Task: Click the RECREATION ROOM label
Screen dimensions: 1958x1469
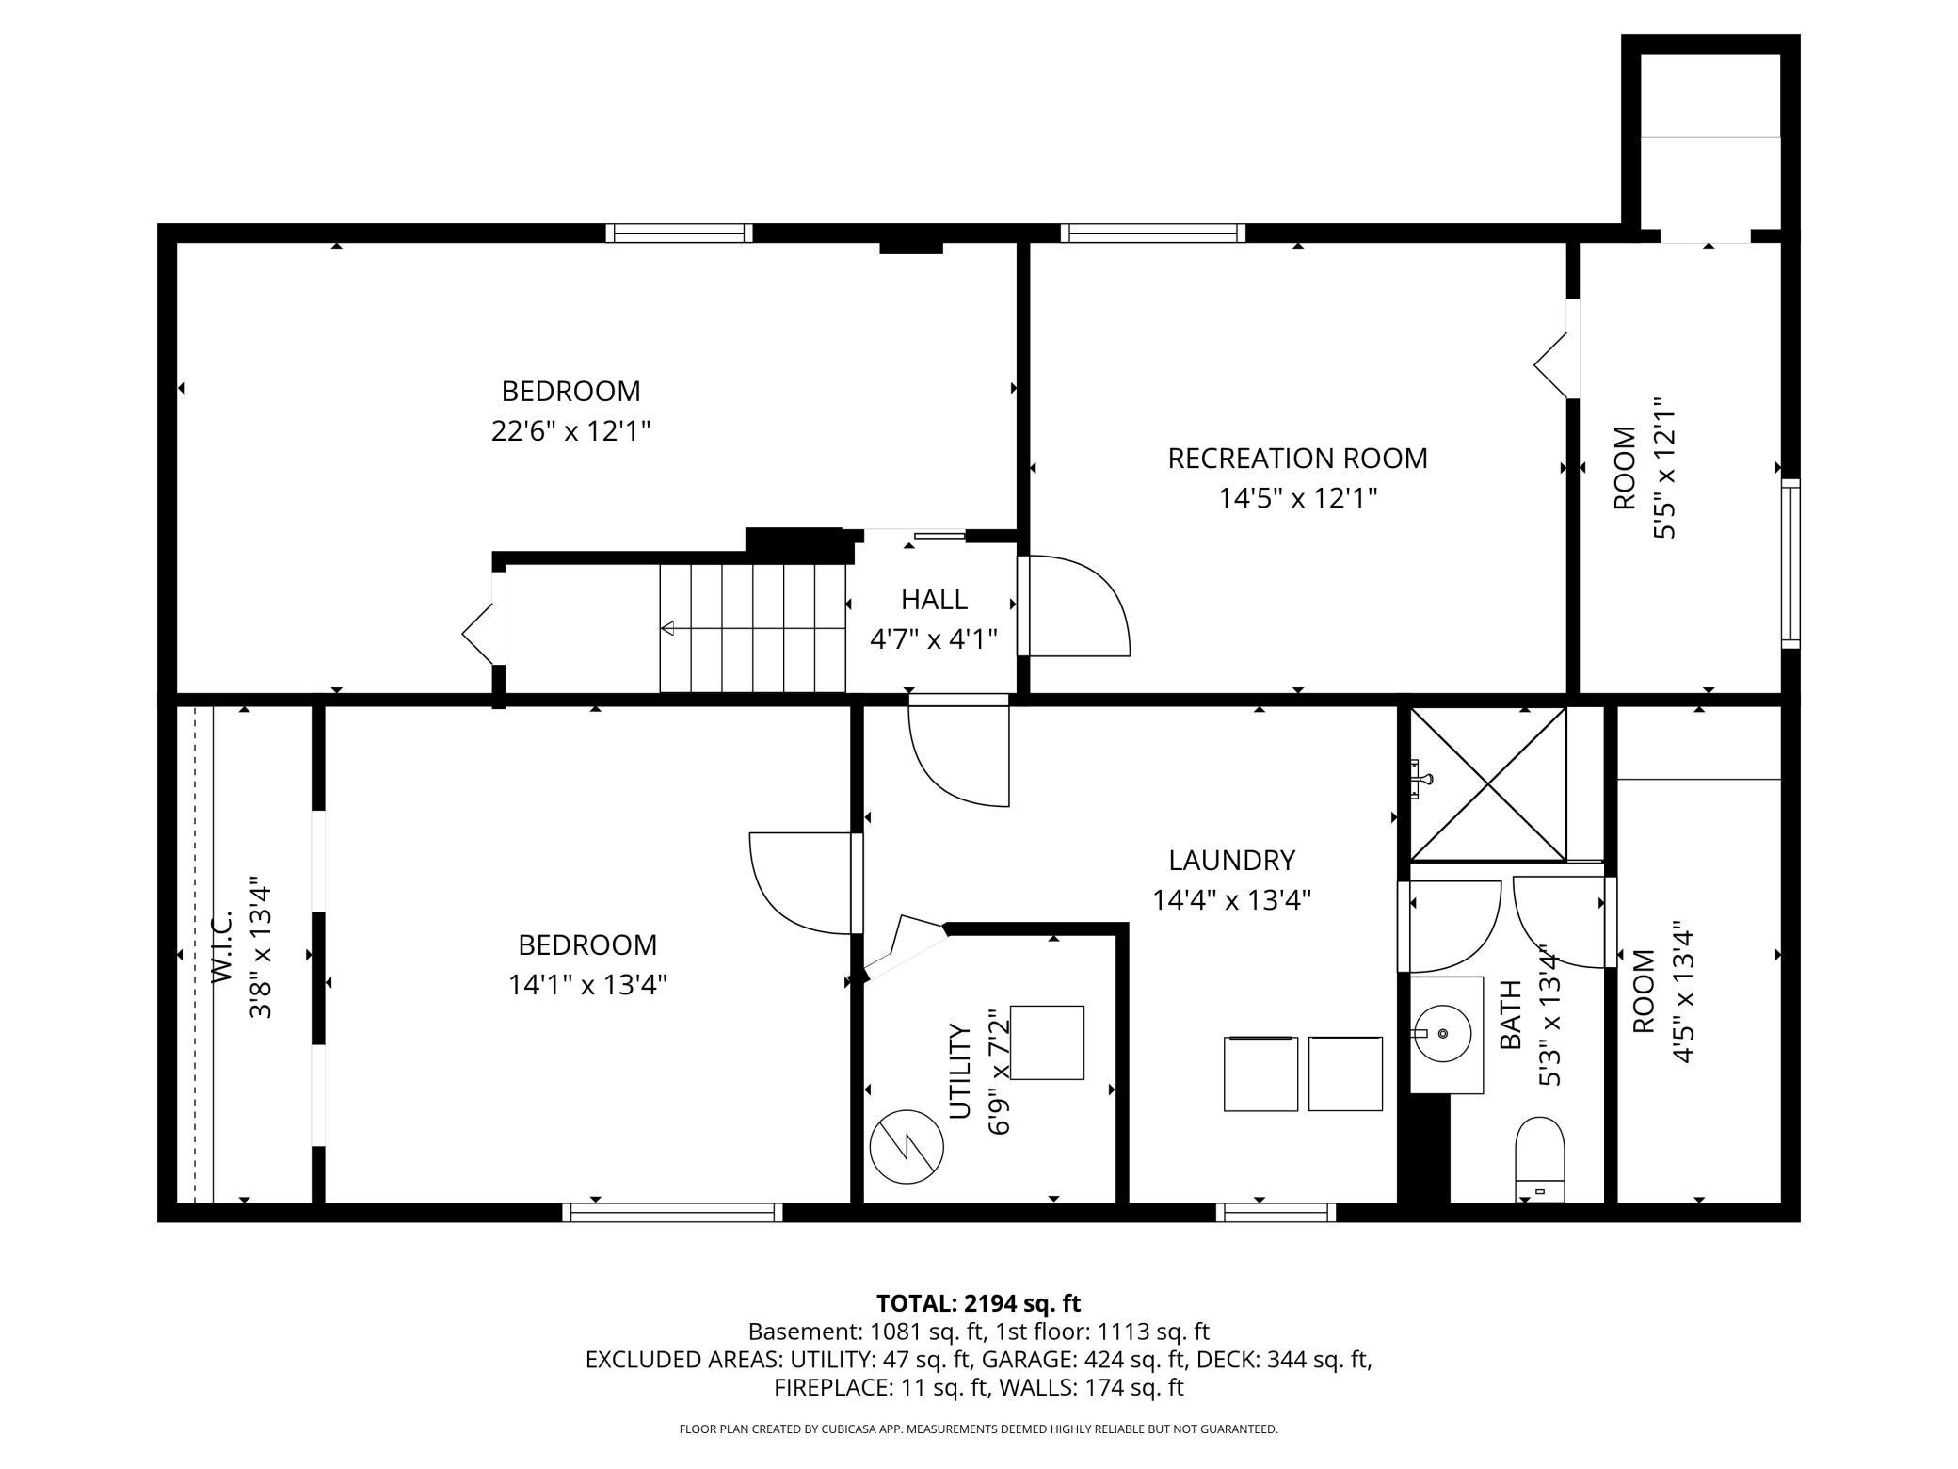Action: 1297,459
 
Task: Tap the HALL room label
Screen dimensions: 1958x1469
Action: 934,599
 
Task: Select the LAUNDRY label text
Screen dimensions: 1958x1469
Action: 1231,860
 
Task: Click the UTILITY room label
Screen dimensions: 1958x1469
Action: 959,1071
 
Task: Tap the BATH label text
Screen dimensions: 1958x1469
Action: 1510,1015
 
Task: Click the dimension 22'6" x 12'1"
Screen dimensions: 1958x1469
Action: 571,431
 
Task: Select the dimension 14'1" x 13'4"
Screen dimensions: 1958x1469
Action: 588,985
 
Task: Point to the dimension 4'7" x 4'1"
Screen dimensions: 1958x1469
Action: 934,640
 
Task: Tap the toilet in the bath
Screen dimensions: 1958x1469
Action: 1539,1159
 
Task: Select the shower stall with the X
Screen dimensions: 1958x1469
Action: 1488,783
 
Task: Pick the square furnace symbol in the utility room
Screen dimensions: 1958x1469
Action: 1047,1042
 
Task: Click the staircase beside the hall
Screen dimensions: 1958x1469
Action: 752,628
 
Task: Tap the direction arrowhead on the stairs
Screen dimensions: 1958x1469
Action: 667,628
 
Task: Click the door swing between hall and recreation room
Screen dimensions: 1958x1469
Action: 1079,605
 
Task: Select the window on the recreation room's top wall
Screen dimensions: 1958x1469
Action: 1153,233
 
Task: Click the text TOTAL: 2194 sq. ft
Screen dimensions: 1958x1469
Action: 978,1303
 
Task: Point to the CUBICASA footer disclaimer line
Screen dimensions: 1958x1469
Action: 978,1429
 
